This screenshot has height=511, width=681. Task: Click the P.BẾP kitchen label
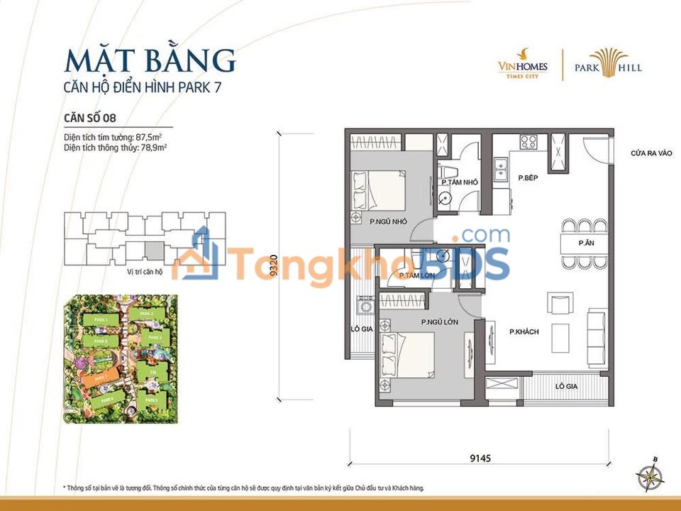coord(526,177)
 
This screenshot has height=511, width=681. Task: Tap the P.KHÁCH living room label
coord(524,331)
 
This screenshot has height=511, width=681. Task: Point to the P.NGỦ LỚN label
coord(438,322)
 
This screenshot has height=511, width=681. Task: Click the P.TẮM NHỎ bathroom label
coord(459,182)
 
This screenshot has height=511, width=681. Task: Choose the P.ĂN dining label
coord(586,243)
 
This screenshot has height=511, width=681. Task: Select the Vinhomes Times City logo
coord(521,65)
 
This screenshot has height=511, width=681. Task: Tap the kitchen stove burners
coord(529,140)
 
